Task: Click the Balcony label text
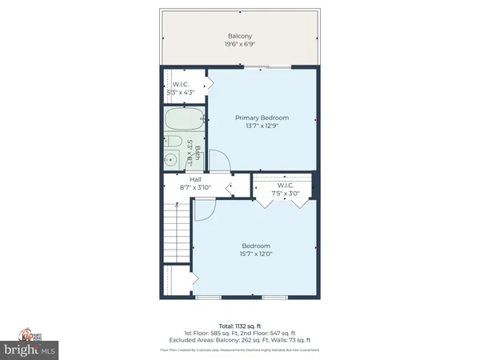(x=239, y=36)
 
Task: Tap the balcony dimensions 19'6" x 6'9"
(x=239, y=46)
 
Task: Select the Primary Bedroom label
(x=262, y=118)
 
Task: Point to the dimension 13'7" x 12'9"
(x=262, y=127)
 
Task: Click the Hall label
(x=195, y=179)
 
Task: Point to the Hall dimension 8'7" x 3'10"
(x=195, y=188)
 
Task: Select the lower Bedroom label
(x=256, y=246)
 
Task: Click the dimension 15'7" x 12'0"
(x=256, y=254)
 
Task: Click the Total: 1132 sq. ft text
(x=240, y=326)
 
